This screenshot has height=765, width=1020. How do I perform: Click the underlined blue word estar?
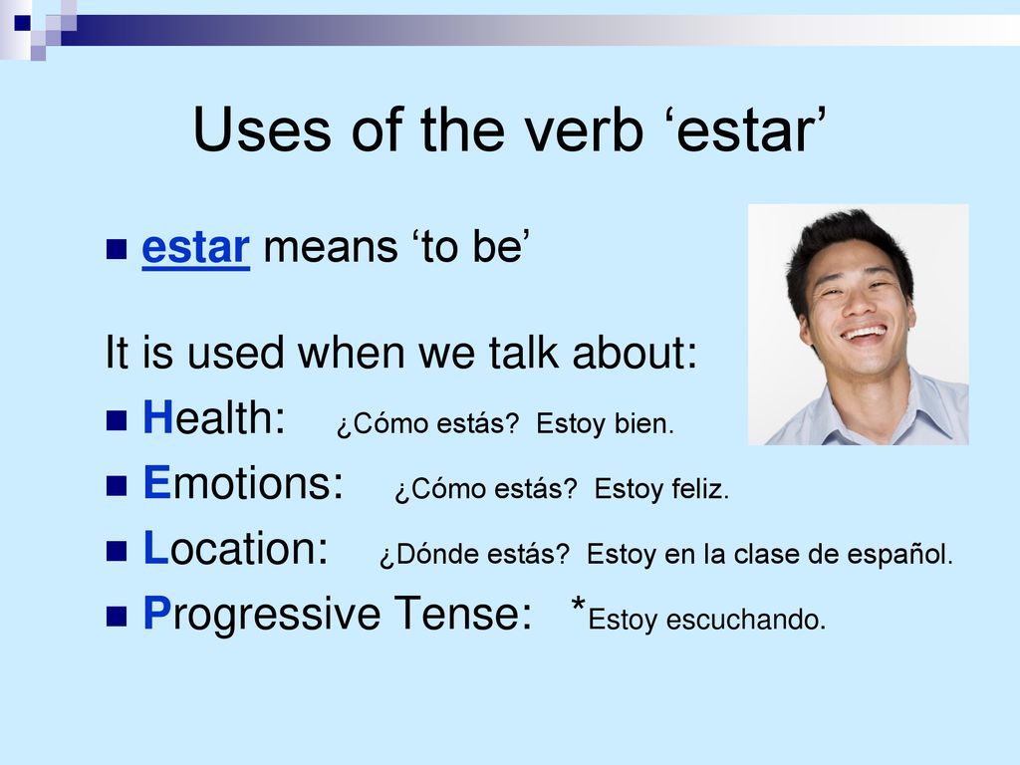pyautogui.click(x=196, y=248)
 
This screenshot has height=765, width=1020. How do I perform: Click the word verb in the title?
pyautogui.click(x=584, y=130)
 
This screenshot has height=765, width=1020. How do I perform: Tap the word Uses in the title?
pyautogui.click(x=262, y=130)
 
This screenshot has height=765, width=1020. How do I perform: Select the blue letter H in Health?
pyautogui.click(x=157, y=417)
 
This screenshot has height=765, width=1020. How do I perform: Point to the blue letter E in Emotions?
pyautogui.click(x=156, y=483)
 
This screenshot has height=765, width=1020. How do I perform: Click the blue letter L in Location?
pyautogui.click(x=155, y=548)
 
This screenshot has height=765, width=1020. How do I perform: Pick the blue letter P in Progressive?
pyautogui.click(x=156, y=613)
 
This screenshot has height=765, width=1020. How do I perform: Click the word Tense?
pyautogui.click(x=462, y=613)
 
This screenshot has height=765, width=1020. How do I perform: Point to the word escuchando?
pyautogui.click(x=745, y=620)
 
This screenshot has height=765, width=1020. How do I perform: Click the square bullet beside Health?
pyautogui.click(x=117, y=420)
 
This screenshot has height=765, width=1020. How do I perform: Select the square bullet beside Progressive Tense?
pyautogui.click(x=117, y=616)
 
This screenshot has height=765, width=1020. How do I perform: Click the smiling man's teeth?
pyautogui.click(x=864, y=334)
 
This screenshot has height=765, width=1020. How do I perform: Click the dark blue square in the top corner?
pyautogui.click(x=22, y=23)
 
